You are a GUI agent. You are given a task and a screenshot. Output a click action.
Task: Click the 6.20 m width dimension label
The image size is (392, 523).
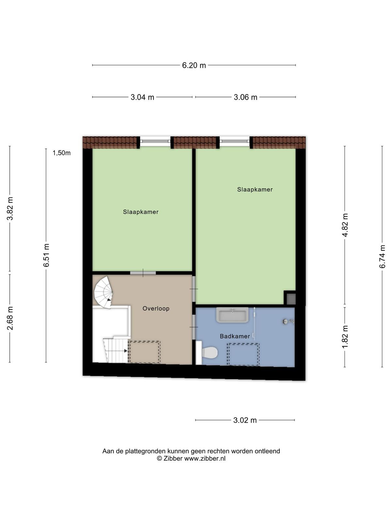194,65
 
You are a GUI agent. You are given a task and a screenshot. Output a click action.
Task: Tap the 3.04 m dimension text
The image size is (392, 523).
142,97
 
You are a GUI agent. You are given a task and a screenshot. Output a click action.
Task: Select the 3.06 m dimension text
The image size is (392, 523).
245,97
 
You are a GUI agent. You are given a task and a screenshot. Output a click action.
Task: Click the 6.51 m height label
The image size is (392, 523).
46,255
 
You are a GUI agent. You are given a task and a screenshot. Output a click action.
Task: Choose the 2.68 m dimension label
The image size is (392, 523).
10,318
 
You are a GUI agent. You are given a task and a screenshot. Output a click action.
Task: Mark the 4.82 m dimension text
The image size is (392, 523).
345,225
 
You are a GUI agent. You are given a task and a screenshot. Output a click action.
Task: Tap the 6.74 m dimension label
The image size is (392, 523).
382,256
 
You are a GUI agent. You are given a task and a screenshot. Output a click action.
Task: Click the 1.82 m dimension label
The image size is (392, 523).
345,337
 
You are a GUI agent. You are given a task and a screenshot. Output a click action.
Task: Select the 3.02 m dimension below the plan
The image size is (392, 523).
245,420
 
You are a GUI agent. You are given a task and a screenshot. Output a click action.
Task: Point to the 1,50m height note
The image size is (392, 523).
62,153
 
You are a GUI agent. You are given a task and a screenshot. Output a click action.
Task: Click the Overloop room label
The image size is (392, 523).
156,309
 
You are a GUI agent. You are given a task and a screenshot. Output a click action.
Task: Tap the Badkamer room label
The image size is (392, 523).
235,336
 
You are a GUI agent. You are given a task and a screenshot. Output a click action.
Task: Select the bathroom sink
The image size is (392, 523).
232,315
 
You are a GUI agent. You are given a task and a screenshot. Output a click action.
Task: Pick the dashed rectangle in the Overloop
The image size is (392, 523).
144,352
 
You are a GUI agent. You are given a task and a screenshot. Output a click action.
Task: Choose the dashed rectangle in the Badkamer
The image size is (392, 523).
243,354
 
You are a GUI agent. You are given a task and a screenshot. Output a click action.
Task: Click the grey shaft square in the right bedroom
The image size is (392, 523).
291,299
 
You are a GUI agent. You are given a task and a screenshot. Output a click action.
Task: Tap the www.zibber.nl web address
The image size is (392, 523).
205,458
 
